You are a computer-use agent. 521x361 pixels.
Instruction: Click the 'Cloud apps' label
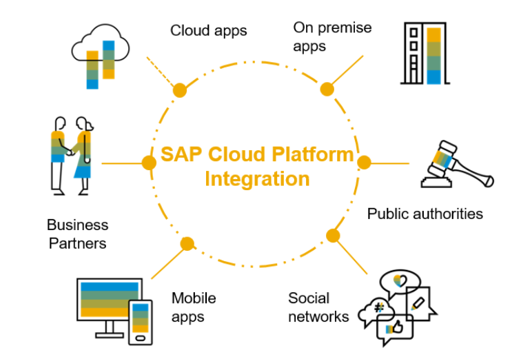click(208, 30)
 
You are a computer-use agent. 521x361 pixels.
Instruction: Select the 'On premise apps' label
click(332, 37)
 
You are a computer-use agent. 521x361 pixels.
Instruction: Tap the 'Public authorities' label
click(425, 214)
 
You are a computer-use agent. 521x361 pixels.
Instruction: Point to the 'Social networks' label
click(318, 307)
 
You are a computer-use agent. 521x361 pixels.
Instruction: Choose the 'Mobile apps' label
click(194, 307)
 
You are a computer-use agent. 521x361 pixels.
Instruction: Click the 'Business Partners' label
click(77, 234)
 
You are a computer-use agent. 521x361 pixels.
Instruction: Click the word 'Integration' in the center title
click(257, 179)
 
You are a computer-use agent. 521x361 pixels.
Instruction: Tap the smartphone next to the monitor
click(140, 321)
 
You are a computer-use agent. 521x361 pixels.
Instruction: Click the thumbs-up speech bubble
click(394, 330)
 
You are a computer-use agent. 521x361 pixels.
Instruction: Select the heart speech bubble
click(398, 282)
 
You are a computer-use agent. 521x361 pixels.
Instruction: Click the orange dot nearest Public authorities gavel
click(364, 163)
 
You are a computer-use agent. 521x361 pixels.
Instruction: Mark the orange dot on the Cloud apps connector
click(180, 90)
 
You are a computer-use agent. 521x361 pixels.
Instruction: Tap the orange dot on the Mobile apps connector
click(187, 244)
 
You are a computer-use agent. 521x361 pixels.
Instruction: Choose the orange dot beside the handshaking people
click(148, 163)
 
